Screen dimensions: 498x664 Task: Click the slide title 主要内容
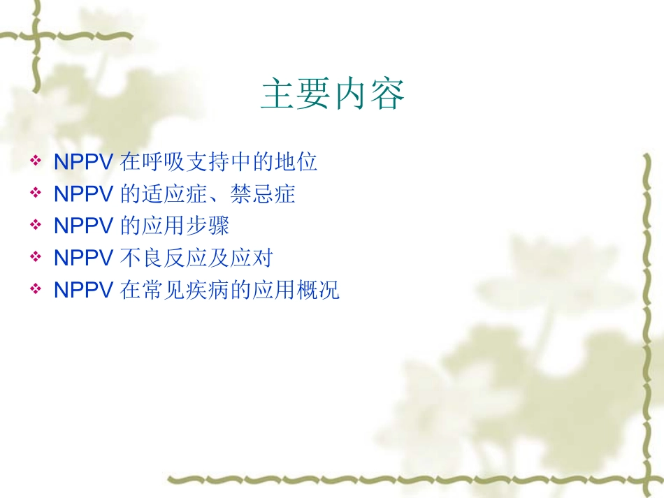[333, 94]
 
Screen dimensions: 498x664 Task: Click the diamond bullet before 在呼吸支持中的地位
[36, 162]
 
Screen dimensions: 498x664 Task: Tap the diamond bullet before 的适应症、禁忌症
[36, 194]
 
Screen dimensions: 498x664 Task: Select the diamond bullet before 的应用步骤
[36, 226]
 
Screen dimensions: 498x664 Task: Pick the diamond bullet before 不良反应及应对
[36, 258]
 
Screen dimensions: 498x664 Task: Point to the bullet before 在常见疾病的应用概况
[36, 291]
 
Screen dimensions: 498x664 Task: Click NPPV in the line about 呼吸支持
[83, 163]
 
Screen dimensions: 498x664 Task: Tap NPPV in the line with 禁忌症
[83, 195]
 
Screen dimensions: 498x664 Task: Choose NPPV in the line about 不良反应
[83, 259]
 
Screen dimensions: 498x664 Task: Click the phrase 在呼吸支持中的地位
[219, 163]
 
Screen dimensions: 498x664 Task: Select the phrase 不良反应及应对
[196, 259]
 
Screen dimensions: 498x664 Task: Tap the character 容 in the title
[388, 94]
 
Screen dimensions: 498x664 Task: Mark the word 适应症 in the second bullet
[175, 195]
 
